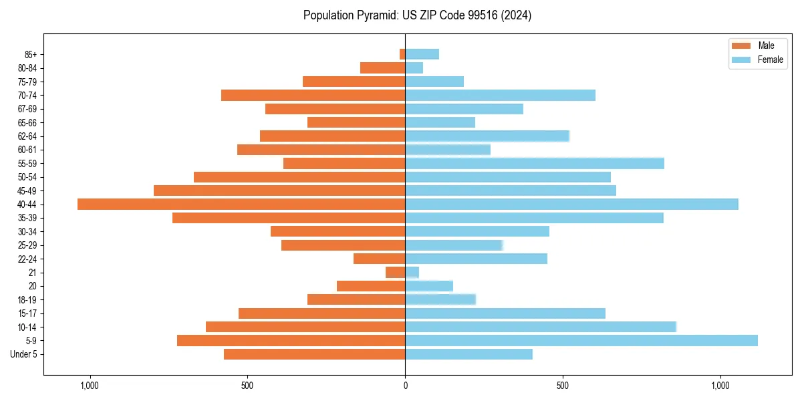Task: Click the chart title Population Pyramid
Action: pos(417,15)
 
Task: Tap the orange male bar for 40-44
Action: pos(241,204)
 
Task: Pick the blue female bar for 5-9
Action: pos(581,340)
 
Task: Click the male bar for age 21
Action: pos(396,272)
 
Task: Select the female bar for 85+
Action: pos(422,54)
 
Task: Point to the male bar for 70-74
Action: pos(313,95)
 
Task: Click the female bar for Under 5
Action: pos(469,354)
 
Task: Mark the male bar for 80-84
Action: pos(383,68)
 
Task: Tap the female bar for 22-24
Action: pos(476,259)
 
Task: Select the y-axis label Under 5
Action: pos(24,354)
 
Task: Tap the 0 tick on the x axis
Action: pos(405,386)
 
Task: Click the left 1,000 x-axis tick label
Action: pos(90,386)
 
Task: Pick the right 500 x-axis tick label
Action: pos(563,386)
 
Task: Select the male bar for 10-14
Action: pos(305,327)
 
